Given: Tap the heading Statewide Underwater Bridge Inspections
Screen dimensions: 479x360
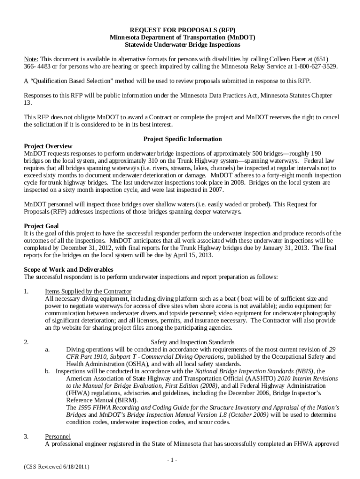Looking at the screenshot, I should (x=182, y=45).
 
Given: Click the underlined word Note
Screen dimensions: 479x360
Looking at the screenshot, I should (x=31, y=59).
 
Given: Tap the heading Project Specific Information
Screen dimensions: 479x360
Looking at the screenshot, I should (x=182, y=139).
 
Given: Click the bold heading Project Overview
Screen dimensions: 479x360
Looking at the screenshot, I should (x=48, y=146).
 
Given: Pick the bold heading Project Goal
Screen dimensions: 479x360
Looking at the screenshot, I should (x=41, y=226).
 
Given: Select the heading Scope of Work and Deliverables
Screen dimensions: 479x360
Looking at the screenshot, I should (x=68, y=270).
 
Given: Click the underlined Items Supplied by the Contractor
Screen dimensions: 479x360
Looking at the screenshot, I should (x=88, y=291).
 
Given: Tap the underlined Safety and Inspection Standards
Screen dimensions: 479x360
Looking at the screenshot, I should (x=193, y=342).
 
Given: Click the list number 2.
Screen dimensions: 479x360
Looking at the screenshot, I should (x=26, y=342).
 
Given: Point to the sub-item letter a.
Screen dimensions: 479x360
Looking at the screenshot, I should (x=47, y=350).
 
